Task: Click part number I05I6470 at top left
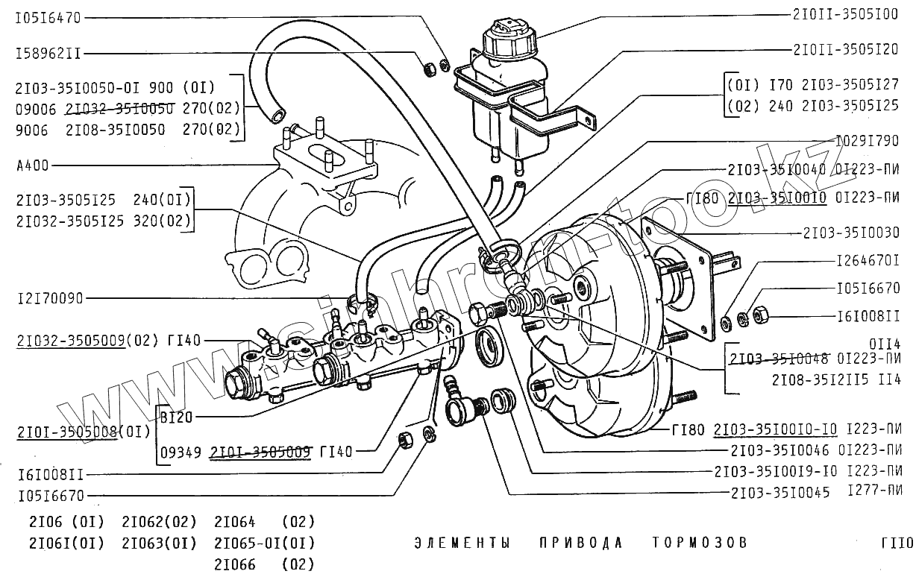48,17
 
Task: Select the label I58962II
48,54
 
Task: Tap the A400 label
31,165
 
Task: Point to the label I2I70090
48,298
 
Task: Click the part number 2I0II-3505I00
844,15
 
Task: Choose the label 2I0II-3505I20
844,50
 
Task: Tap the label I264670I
868,261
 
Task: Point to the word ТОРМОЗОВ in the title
699,542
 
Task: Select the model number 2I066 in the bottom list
235,564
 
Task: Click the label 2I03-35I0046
780,450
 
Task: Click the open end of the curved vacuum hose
278,116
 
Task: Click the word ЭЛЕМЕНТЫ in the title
462,542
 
